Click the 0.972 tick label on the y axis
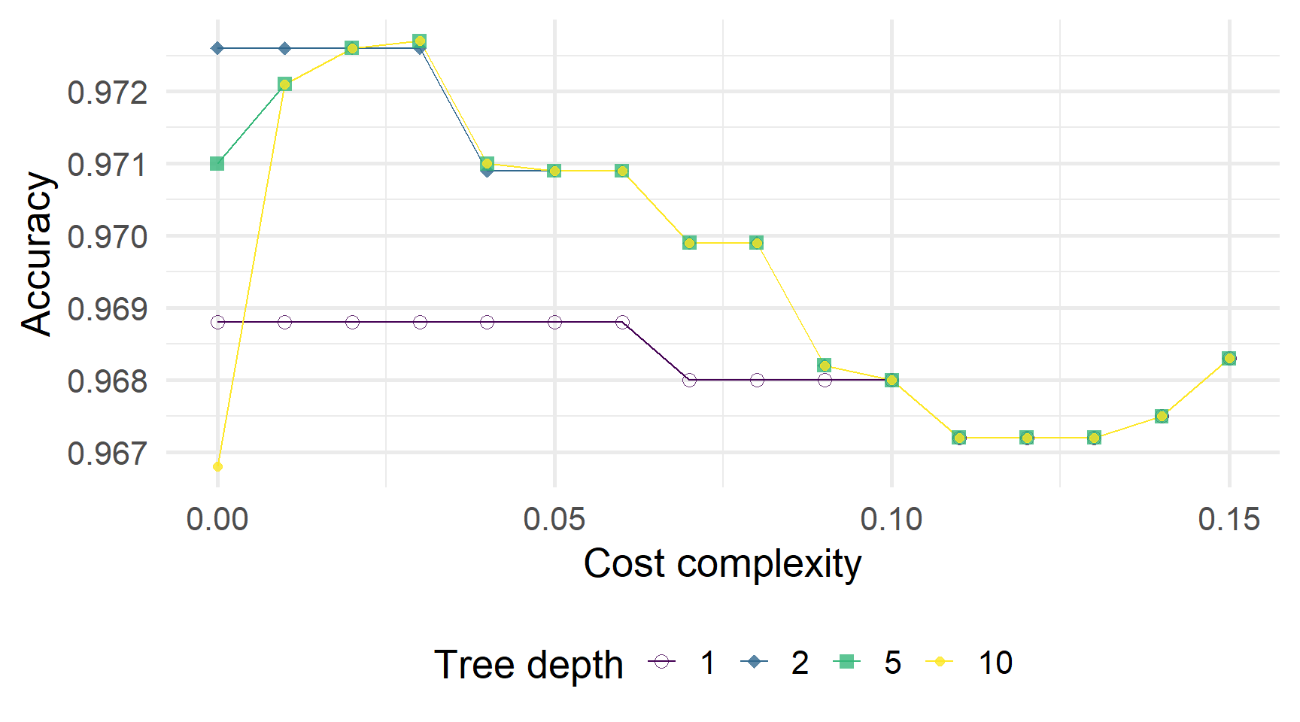pos(108,93)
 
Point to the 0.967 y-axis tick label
pos(108,454)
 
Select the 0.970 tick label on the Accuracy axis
pos(108,237)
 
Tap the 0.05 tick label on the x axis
pos(554,519)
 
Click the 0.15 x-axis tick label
pos(1229,519)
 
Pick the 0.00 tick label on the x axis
pos(217,519)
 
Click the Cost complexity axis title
pos(722,564)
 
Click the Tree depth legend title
pos(529,665)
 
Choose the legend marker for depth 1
pos(662,662)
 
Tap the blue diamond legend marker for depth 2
pos(754,662)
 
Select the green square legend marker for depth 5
pos(847,662)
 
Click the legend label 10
pos(995,663)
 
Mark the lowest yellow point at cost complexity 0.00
pos(217,467)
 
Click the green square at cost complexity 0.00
pos(217,163)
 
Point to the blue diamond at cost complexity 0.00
pos(217,48)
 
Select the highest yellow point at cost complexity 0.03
pos(420,41)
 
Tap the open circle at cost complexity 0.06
pos(622,322)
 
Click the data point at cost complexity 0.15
pos(1229,358)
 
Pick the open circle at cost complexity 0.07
pos(689,380)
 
